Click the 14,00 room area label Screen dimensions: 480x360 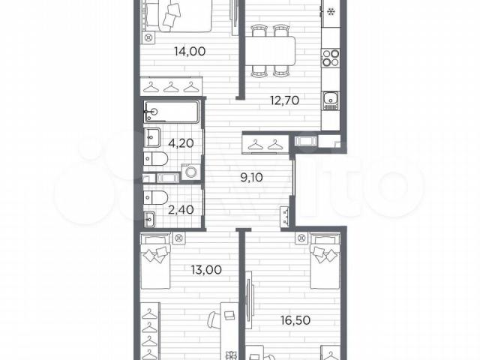(x=190, y=52)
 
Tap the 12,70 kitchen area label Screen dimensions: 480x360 (x=284, y=100)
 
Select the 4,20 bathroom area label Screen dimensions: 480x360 (x=181, y=143)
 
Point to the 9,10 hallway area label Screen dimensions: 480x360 (x=252, y=177)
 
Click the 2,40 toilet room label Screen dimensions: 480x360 (x=181, y=210)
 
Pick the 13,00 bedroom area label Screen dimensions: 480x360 (x=206, y=270)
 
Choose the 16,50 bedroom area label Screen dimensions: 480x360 (x=295, y=320)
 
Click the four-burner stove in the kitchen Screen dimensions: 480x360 (x=331, y=58)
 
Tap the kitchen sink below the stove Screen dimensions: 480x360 (x=331, y=100)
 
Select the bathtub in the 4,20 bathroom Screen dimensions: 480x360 (x=172, y=112)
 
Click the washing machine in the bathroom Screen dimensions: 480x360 (x=191, y=172)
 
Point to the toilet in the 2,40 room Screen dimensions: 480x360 (x=155, y=197)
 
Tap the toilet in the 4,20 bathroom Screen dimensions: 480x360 (x=155, y=159)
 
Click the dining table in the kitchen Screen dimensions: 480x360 (x=270, y=51)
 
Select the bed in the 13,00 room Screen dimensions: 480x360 (x=155, y=261)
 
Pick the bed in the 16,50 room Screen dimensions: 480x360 (x=325, y=260)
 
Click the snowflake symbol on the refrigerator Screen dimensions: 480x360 (x=331, y=12)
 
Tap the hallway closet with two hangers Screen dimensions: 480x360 (x=265, y=143)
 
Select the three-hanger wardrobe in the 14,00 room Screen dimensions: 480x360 (x=171, y=86)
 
